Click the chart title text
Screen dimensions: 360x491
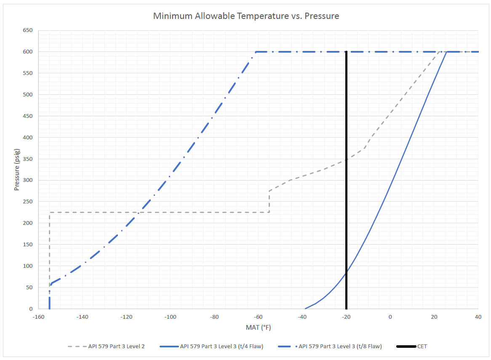point(246,16)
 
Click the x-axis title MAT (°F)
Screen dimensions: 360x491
point(258,327)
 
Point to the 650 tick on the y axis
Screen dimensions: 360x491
point(27,30)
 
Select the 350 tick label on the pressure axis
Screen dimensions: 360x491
point(27,159)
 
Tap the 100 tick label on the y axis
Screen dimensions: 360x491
point(27,266)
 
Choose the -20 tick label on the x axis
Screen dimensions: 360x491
point(346,317)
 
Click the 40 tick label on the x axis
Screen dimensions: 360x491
point(478,317)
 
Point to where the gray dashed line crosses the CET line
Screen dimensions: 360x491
point(346,160)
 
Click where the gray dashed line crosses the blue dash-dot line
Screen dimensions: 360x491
point(139,213)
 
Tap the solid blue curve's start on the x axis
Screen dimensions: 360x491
point(305,309)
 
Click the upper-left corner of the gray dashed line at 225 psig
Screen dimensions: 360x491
point(50,213)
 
